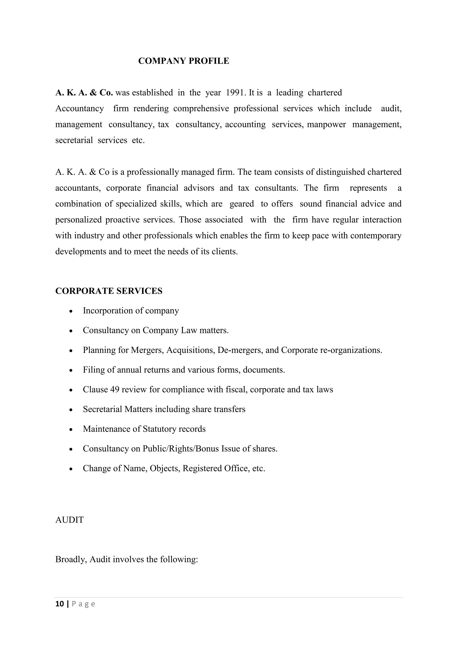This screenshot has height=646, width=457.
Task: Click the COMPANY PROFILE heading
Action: click(x=183, y=61)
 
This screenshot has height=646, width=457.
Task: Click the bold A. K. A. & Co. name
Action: click(x=84, y=93)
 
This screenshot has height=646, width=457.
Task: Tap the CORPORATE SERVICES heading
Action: click(x=109, y=291)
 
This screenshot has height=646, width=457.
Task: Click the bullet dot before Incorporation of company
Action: click(x=71, y=311)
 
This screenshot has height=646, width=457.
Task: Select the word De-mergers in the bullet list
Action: click(x=240, y=350)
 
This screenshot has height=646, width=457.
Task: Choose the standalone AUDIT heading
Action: click(x=69, y=520)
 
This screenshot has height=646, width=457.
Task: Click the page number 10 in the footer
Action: click(x=60, y=604)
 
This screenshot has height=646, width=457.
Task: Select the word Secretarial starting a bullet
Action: click(x=102, y=409)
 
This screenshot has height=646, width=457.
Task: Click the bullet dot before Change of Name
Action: click(x=71, y=469)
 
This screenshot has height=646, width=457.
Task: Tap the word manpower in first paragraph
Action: click(x=326, y=124)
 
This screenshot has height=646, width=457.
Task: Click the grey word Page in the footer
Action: click(x=84, y=604)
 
